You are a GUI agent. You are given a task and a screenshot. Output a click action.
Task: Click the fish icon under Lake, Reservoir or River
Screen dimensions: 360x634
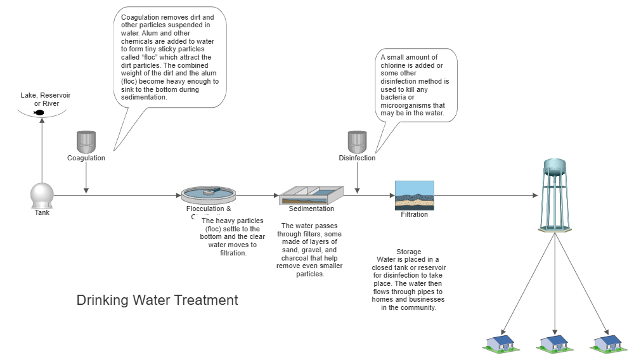pyautogui.click(x=39, y=112)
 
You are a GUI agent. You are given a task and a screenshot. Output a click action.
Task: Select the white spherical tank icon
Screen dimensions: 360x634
pyautogui.click(x=42, y=195)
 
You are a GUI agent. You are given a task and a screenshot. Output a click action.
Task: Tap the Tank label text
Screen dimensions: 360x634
pyautogui.click(x=42, y=212)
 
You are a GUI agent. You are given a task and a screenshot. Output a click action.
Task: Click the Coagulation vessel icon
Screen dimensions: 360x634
pyautogui.click(x=86, y=141)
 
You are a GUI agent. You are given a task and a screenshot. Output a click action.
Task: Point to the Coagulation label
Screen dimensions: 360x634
pyautogui.click(x=86, y=158)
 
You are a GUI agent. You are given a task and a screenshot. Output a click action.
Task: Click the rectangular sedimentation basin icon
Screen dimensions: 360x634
pyautogui.click(x=311, y=195)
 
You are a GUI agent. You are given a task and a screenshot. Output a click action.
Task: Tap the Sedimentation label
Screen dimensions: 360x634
pyautogui.click(x=311, y=209)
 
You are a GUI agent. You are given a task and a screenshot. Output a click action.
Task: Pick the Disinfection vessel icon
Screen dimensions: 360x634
pyautogui.click(x=357, y=141)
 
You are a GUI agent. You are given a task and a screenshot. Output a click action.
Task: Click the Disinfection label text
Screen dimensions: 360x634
pyautogui.click(x=357, y=158)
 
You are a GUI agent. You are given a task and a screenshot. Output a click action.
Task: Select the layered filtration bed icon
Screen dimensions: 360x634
pyautogui.click(x=414, y=195)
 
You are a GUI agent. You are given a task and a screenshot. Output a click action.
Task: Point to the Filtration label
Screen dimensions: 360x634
pyautogui.click(x=414, y=214)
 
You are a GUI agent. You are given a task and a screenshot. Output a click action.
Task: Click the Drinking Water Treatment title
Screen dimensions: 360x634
pyautogui.click(x=157, y=300)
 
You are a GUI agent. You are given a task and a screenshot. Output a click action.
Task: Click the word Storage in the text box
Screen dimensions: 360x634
pyautogui.click(x=408, y=252)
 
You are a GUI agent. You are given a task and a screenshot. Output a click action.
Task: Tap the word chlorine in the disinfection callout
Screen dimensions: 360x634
pyautogui.click(x=398, y=65)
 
